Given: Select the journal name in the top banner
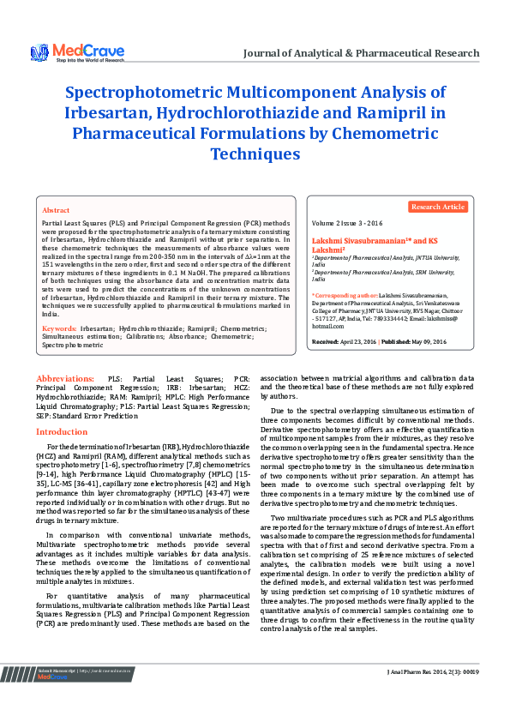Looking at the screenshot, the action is point(361,53).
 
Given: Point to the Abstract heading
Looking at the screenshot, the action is point(56,210).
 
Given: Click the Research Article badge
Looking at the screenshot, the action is point(438,207).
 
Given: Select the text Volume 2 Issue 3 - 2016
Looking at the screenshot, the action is point(347,222).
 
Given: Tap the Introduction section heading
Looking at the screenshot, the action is point(62,432).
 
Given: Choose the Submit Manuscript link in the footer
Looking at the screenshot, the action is point(57,693).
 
